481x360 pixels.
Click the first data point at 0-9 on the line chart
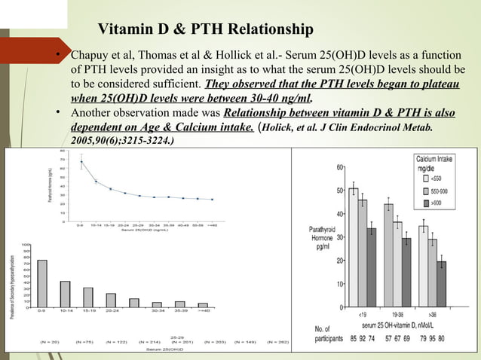(x=81, y=162)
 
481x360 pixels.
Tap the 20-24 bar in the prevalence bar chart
(x=111, y=300)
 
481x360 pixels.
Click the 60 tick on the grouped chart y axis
(x=340, y=166)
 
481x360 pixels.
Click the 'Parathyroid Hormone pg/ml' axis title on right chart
(x=322, y=237)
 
